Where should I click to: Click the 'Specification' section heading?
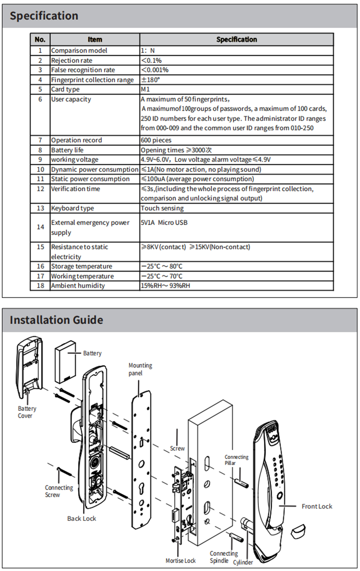point(44,16)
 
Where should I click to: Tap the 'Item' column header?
point(95,40)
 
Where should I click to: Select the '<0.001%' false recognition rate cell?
point(155,70)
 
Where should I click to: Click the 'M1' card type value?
point(145,89)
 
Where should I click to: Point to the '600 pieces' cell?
point(156,140)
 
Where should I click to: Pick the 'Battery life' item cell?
point(67,150)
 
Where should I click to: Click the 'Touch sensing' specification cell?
point(162,208)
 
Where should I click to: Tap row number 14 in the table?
point(40,227)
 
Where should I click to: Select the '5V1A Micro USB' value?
point(164,223)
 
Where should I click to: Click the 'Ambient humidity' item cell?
point(78,286)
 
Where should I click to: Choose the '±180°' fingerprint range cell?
point(150,80)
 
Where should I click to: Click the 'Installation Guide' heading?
point(57,320)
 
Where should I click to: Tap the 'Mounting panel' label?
point(140,369)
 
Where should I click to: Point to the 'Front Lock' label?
point(317,507)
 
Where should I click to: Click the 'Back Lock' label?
point(82,518)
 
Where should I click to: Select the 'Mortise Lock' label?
point(180,561)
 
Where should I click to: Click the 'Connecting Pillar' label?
point(236,460)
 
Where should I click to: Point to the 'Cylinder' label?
point(243,562)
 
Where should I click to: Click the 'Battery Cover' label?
point(27,412)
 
